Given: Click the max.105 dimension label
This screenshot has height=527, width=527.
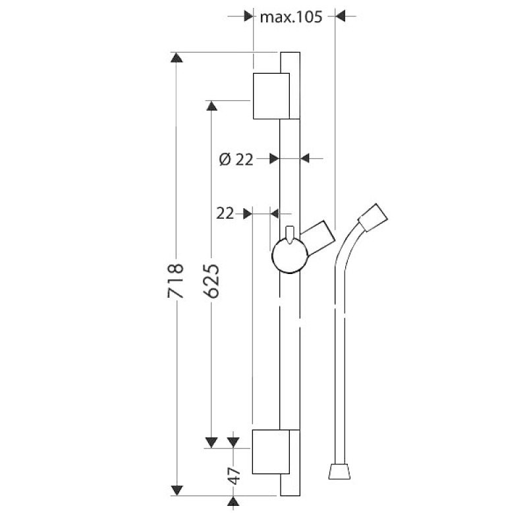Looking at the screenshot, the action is coord(291,16).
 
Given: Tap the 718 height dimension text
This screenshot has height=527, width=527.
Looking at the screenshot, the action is coord(176,281).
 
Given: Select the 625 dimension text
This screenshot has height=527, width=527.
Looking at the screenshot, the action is coord(211,281).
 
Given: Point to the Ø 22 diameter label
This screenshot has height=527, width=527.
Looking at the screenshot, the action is coord(236,159).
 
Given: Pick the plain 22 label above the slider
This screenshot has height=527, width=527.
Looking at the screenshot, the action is coord(225,213).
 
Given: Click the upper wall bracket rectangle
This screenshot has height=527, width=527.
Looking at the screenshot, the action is coord(271,96).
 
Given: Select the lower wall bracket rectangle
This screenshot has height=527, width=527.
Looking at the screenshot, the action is coord(271,452).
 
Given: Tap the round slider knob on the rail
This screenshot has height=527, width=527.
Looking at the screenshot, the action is coord(290,256).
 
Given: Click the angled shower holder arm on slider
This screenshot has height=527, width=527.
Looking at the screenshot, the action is coord(318,238).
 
